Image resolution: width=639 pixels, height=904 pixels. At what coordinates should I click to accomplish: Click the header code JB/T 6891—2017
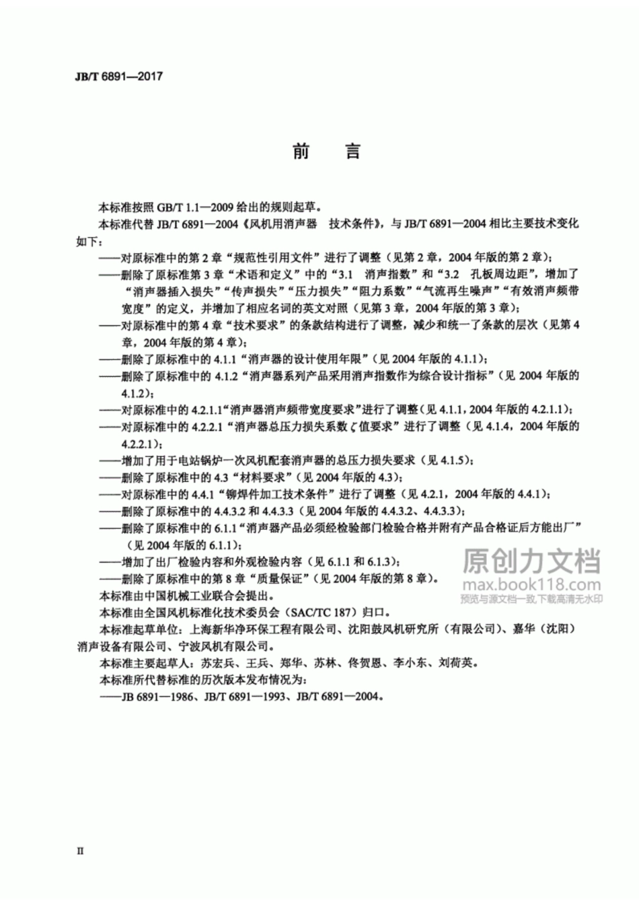118,77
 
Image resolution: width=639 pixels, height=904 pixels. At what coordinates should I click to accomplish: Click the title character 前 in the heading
301,151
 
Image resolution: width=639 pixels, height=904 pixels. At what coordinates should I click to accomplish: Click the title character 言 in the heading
353,151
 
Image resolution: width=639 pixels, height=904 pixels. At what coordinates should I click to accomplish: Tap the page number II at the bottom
80,851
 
